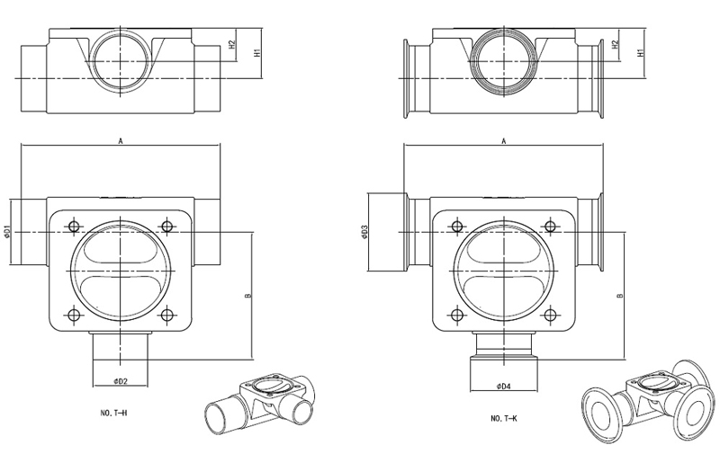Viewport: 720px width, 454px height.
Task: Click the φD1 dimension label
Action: point(8,232)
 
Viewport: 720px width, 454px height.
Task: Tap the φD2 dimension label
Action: point(120,382)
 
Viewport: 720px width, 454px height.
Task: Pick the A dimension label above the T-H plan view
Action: point(120,141)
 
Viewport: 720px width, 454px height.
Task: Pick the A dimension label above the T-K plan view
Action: point(503,141)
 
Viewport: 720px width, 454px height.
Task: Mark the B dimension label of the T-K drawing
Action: point(620,296)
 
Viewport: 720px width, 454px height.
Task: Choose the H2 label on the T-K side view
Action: point(615,44)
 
